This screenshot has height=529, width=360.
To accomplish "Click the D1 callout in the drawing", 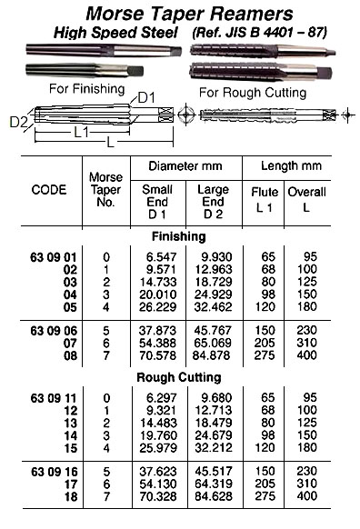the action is [150, 97].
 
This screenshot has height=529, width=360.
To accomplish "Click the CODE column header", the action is [49, 191].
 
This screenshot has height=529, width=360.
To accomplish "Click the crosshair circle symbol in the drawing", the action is [186, 116].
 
